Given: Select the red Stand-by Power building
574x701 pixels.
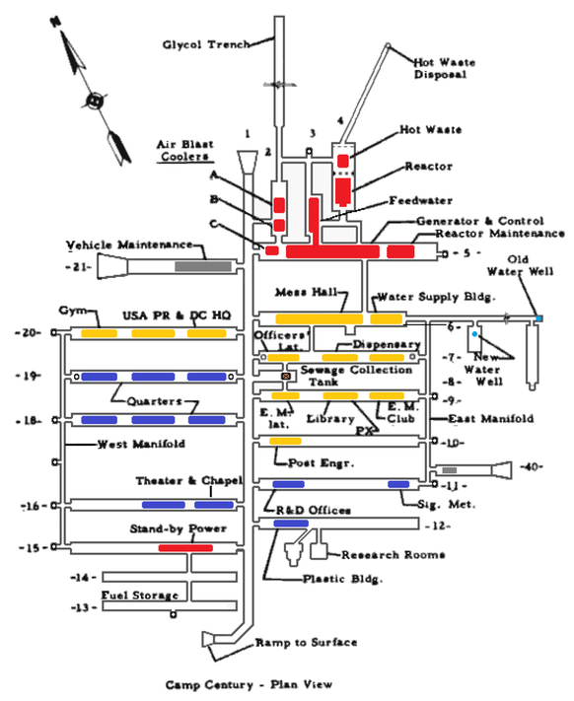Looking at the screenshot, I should pyautogui.click(x=192, y=547).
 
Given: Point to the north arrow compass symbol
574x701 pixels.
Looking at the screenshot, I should pyautogui.click(x=95, y=99).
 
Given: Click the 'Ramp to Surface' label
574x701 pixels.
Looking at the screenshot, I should pyautogui.click(x=306, y=643).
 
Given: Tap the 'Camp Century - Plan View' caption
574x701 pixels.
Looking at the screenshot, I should pyautogui.click(x=248, y=683).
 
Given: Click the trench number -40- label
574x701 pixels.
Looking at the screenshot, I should pyautogui.click(x=533, y=466).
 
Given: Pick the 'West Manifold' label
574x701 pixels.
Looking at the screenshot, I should pyautogui.click(x=140, y=445).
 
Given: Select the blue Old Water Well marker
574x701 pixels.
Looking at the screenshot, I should pyautogui.click(x=538, y=317).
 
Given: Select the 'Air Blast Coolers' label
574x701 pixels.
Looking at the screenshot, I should pyautogui.click(x=183, y=149).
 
